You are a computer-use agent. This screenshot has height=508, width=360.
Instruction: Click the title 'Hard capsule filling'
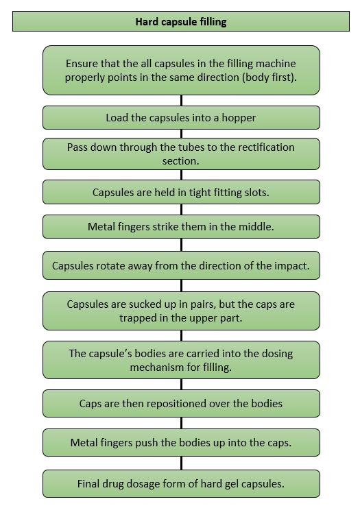coord(181,22)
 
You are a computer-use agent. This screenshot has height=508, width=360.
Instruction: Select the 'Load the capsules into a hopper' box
coord(181,118)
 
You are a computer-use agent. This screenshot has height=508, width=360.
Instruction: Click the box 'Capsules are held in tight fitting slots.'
coord(181,192)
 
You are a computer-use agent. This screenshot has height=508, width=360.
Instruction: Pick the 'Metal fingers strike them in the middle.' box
coord(181,226)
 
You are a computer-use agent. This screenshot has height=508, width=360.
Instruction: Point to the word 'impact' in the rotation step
coord(291,266)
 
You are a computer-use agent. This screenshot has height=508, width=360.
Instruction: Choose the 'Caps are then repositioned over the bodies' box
coord(181,403)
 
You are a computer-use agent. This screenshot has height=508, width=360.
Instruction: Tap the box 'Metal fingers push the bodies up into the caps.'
coord(181,443)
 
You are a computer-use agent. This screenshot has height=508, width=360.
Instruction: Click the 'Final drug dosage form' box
coord(181,484)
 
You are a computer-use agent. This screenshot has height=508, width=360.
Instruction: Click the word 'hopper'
coord(239,118)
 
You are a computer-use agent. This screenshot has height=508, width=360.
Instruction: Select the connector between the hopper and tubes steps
coord(181,134)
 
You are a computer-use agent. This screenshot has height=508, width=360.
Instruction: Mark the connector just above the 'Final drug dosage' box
coord(181,463)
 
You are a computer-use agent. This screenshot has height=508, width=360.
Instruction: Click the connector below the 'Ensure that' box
coord(181,100)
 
